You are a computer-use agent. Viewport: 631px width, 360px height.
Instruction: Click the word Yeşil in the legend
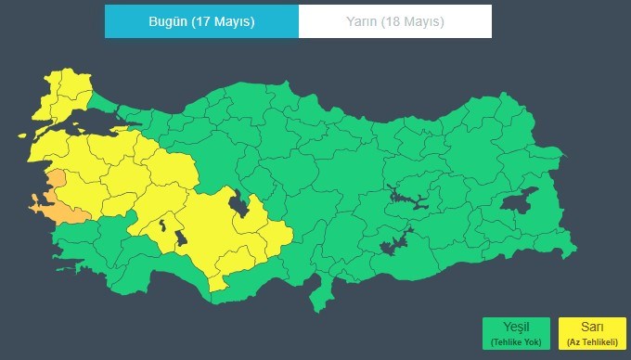tap(516, 328)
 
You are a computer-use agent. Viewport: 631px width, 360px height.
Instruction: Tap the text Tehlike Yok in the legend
tap(516, 342)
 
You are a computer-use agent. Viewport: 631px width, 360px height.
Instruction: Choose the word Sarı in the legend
tap(593, 328)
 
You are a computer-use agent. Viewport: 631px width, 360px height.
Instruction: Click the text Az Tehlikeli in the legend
tap(593, 342)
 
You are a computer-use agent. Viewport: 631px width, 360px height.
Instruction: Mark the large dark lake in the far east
tap(521, 199)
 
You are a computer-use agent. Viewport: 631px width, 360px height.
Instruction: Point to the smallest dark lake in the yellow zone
tap(163, 223)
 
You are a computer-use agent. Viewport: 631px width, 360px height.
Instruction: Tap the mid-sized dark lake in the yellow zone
tap(182, 238)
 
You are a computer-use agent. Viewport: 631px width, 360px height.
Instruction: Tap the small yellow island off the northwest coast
tap(19, 135)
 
